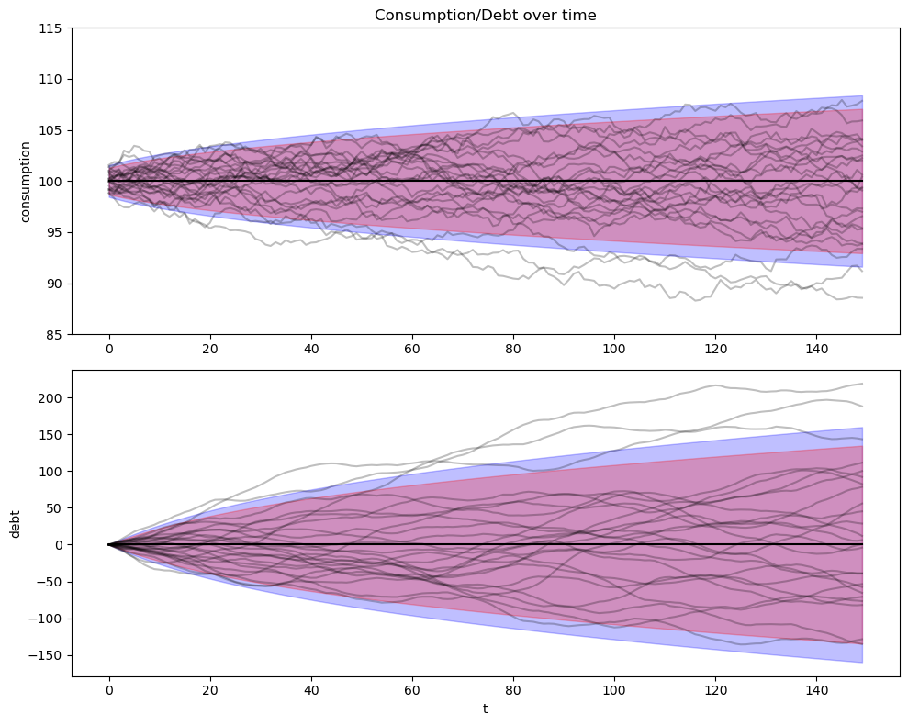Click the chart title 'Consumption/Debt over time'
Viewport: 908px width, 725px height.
tap(486, 15)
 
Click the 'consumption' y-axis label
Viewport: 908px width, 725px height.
tap(26, 181)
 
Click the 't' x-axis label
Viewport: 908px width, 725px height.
tap(486, 708)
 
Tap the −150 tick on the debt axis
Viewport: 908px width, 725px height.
tap(49, 655)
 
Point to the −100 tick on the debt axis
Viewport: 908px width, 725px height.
tap(49, 619)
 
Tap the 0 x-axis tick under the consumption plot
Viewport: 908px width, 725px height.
tap(109, 349)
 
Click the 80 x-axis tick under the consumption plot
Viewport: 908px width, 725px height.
tap(513, 349)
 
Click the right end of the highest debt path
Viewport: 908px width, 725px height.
tap(862, 384)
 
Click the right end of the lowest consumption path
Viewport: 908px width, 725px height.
tap(862, 297)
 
